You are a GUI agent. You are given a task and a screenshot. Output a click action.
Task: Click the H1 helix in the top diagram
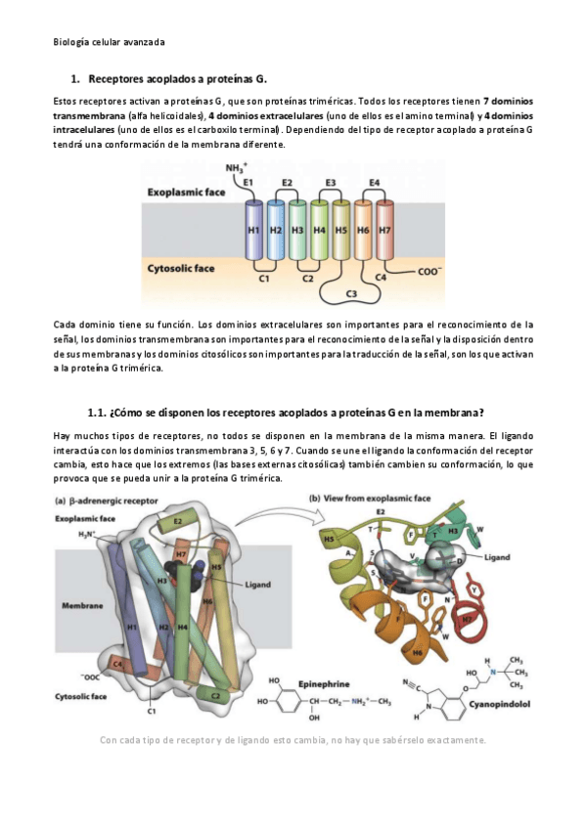pyautogui.click(x=253, y=230)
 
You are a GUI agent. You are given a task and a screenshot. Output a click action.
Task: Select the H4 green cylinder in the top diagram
pyautogui.click(x=320, y=230)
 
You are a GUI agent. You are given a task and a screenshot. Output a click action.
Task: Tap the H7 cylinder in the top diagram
pyautogui.click(x=384, y=230)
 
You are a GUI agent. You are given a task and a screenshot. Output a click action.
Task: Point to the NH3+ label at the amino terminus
pyautogui.click(x=237, y=167)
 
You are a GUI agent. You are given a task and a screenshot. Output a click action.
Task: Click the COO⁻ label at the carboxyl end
pyautogui.click(x=428, y=271)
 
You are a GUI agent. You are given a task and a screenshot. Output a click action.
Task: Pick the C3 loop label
pyautogui.click(x=350, y=294)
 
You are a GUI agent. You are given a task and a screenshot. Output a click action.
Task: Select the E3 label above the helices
pyautogui.click(x=330, y=183)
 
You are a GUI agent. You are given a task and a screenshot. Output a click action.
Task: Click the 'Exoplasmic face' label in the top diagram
pyautogui.click(x=186, y=192)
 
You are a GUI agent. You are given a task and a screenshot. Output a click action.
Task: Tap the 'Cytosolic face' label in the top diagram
pyautogui.click(x=181, y=268)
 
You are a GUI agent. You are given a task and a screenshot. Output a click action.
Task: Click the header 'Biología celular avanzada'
pyautogui.click(x=109, y=42)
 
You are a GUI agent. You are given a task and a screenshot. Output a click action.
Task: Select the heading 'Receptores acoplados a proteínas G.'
pyautogui.click(x=178, y=79)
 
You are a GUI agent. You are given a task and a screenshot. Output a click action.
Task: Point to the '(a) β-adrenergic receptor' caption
pyautogui.click(x=107, y=501)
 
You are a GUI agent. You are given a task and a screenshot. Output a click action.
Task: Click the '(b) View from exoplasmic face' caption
pyautogui.click(x=370, y=498)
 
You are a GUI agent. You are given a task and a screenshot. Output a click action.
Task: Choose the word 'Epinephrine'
pyautogui.click(x=324, y=683)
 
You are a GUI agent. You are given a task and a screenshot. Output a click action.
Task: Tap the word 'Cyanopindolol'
pyautogui.click(x=499, y=704)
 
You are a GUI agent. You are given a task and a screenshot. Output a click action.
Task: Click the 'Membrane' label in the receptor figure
pyautogui.click(x=82, y=605)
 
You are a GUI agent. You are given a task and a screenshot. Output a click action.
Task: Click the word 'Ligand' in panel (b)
pyautogui.click(x=497, y=556)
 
